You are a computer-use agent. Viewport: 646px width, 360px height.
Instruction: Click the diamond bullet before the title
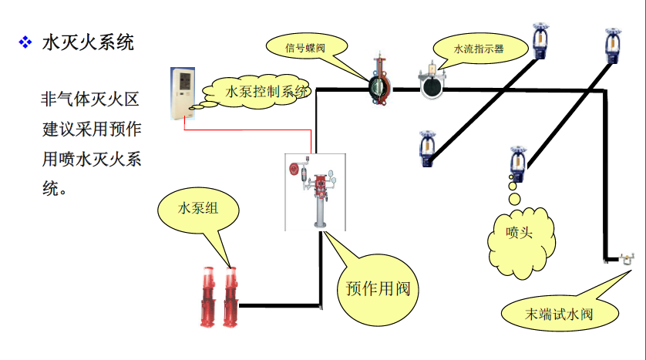[24, 42]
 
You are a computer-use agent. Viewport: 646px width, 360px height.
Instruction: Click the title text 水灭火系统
[88, 42]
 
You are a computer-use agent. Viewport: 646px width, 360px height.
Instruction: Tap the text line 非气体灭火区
[90, 99]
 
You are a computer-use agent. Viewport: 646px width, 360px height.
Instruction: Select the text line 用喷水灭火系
[90, 160]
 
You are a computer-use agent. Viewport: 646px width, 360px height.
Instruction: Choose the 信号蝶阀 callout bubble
[305, 47]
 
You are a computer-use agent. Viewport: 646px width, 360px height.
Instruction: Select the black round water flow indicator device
[431, 86]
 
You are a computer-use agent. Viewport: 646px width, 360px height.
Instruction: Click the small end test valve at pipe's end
[626, 258]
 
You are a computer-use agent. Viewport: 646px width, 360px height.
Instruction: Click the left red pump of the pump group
[209, 297]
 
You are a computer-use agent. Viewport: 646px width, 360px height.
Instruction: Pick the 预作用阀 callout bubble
[378, 288]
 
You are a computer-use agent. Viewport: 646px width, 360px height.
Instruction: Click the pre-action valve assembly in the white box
[316, 190]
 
